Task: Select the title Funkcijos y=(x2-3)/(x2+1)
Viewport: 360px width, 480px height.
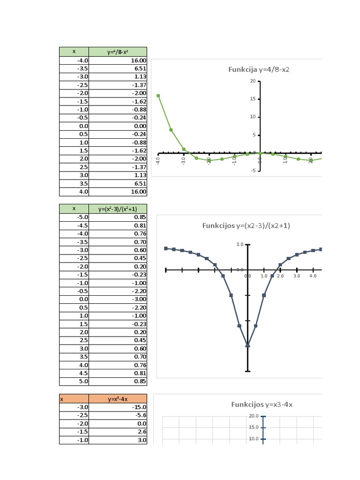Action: point(246,225)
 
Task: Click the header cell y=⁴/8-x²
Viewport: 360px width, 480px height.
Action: point(118,52)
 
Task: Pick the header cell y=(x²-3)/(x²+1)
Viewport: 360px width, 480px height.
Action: point(118,209)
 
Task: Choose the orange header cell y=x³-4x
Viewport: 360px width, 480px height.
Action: point(118,399)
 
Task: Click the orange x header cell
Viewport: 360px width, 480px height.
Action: point(74,399)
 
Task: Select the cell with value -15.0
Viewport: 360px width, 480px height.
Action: point(118,407)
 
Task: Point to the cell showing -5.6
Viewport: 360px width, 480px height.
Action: point(118,415)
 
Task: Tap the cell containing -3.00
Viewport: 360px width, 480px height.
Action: point(118,299)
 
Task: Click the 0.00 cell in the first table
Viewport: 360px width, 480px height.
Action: point(118,126)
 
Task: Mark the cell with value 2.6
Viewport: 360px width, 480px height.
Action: point(118,432)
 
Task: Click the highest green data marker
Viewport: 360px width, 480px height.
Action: point(158,96)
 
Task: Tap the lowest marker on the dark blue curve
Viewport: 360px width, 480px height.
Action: point(247,345)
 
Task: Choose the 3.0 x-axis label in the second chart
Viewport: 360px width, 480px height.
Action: point(296,276)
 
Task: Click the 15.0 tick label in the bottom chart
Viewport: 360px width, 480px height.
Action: point(254,427)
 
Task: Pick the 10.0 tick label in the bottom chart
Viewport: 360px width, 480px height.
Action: point(254,439)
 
